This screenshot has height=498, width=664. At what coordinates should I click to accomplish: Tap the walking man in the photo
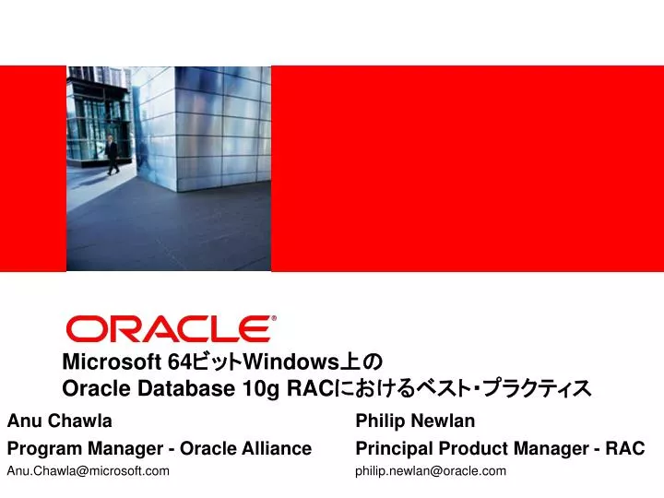tap(112, 155)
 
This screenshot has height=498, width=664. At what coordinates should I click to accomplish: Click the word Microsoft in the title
tap(112, 362)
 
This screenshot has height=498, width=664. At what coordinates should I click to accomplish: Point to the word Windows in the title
tap(290, 362)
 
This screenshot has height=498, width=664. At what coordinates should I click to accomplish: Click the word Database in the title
tap(186, 388)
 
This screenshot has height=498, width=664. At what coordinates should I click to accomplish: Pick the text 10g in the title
tap(261, 389)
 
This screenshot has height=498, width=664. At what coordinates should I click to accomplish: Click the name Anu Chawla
tap(60, 421)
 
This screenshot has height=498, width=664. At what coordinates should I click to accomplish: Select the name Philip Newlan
tap(415, 421)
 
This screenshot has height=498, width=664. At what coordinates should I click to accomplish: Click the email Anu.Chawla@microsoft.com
tap(89, 471)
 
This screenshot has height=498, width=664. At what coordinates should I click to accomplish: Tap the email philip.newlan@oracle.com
tap(431, 471)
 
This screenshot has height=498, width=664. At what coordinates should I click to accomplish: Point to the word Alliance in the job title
tap(277, 448)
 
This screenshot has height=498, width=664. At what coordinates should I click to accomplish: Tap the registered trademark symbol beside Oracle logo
tap(274, 318)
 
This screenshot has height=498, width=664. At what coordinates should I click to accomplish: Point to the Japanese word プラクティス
tap(537, 388)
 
